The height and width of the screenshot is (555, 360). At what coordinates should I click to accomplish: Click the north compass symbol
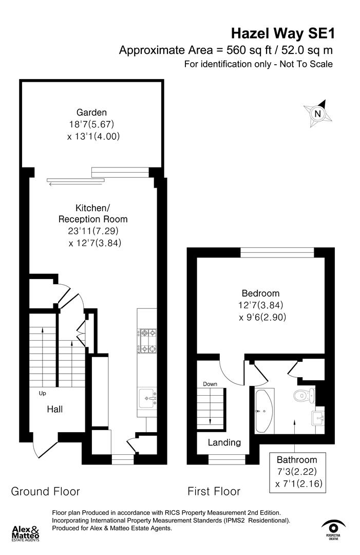[318, 114]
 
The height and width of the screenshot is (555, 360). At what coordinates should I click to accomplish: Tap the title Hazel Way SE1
[282, 34]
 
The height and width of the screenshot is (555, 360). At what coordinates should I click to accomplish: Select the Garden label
[91, 112]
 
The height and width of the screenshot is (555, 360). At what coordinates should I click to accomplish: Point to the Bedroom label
[260, 293]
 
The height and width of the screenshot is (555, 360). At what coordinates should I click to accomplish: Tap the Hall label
[55, 410]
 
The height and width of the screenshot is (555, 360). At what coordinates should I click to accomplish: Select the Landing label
[224, 442]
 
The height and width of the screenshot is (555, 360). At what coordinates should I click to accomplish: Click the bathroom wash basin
[318, 417]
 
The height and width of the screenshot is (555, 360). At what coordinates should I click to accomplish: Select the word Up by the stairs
[43, 394]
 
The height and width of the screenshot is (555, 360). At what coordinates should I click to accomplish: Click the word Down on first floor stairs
[210, 384]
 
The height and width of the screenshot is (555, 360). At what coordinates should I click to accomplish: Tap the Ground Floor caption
[45, 491]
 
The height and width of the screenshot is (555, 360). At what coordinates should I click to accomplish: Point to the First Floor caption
[214, 491]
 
